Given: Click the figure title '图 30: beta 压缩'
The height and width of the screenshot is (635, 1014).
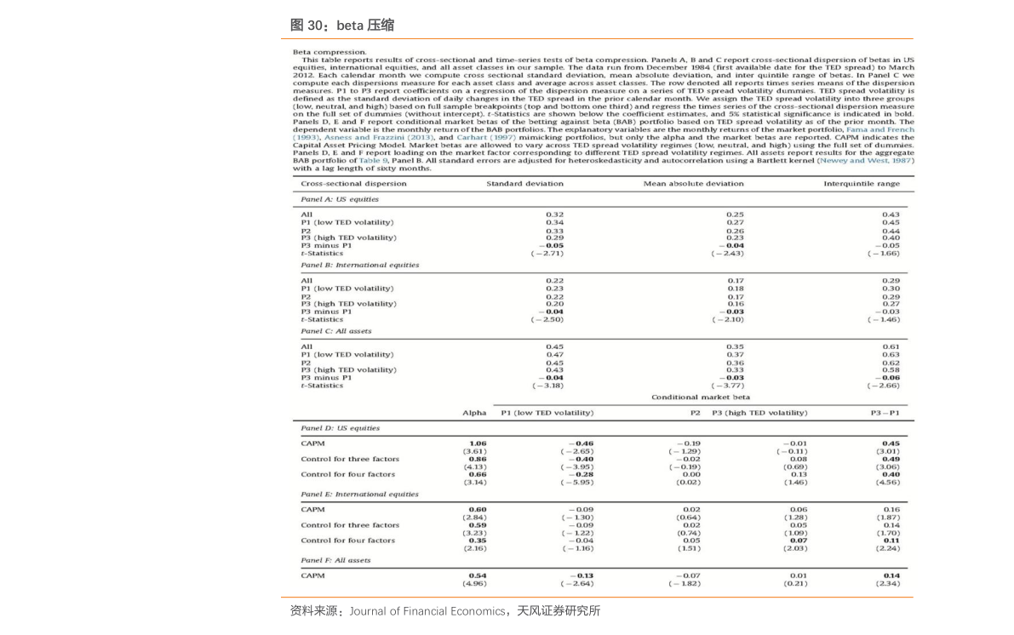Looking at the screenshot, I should (x=341, y=26).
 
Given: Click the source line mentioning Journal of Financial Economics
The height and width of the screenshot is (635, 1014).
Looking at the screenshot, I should (x=444, y=610).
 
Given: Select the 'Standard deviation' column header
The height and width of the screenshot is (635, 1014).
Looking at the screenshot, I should (x=524, y=183).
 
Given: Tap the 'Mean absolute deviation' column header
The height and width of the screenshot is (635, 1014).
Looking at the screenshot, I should (x=693, y=183).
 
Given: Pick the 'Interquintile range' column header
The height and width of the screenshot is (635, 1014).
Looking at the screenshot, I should (x=861, y=183).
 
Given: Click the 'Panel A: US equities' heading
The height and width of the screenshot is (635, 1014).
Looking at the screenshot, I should (x=340, y=199).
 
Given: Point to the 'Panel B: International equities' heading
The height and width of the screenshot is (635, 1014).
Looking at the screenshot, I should (x=359, y=265).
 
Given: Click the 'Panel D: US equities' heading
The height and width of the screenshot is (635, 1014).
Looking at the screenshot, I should (x=340, y=428).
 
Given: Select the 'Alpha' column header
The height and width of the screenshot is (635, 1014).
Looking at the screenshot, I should (x=474, y=413).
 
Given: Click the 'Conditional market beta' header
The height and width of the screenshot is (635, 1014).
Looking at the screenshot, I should (x=701, y=398).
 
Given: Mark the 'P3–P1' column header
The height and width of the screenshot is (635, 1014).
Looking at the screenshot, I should (x=885, y=413).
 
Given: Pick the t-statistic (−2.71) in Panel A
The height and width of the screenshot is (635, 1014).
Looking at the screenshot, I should (x=547, y=253).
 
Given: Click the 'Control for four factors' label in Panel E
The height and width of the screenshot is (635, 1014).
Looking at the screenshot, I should (x=347, y=541).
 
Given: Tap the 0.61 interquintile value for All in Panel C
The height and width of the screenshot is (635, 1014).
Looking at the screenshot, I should (x=891, y=346).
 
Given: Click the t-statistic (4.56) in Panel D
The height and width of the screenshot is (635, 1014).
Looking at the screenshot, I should (x=888, y=483).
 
